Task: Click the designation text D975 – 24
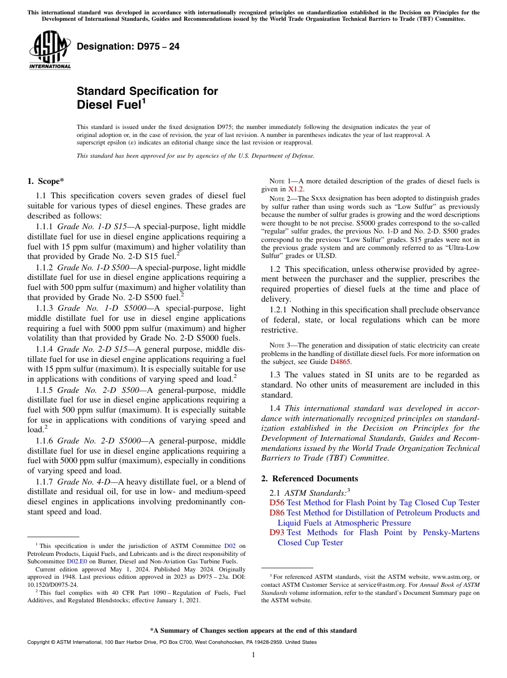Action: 128,46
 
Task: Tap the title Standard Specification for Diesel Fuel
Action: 147,97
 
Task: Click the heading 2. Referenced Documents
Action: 310,478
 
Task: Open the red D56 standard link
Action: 276,503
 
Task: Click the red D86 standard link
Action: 276,513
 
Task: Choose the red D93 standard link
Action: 276,532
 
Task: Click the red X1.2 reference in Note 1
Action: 296,189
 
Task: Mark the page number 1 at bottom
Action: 253,655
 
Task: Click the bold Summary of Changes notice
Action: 253,631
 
